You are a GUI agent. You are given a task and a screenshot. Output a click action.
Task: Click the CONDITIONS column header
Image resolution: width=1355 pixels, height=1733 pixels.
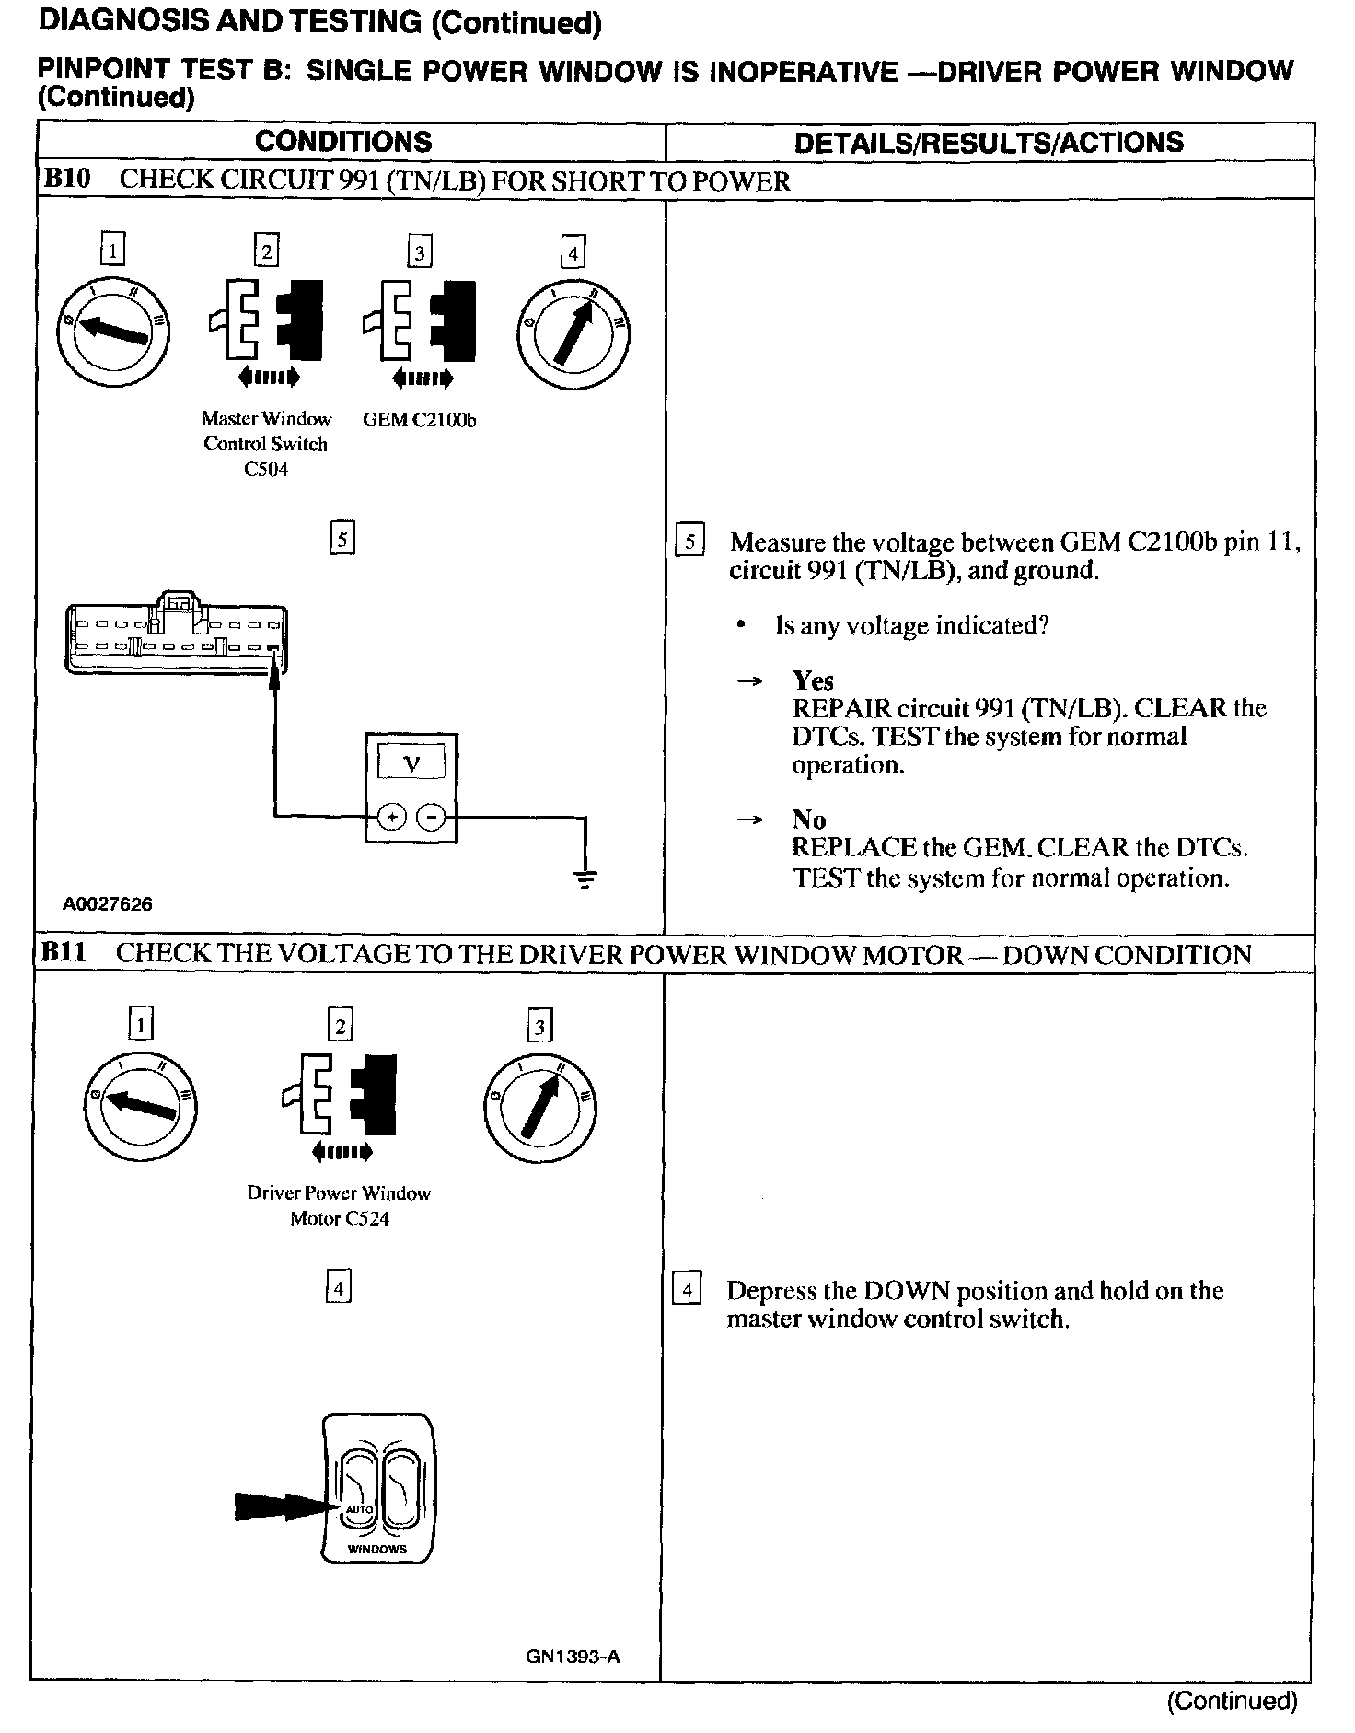[x=343, y=142]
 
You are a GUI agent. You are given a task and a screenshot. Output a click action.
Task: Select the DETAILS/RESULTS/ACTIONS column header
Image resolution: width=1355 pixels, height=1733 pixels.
[x=989, y=142]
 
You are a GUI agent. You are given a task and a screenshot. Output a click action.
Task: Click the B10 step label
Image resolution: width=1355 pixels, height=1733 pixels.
[x=67, y=179]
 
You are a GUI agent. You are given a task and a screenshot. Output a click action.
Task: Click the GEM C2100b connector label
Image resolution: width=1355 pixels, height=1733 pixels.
[x=419, y=420]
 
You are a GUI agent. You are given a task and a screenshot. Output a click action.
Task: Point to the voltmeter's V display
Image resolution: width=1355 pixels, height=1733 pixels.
[x=411, y=762]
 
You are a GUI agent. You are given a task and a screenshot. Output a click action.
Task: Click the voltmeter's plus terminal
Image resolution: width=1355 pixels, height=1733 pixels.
[x=392, y=816]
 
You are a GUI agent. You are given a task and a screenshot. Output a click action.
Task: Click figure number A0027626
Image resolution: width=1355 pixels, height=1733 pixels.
[x=107, y=904]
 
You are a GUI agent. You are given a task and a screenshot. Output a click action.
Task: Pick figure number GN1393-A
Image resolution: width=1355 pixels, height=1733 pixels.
[x=573, y=1657]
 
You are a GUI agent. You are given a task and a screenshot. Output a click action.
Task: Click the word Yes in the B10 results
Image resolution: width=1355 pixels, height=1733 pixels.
[x=813, y=680]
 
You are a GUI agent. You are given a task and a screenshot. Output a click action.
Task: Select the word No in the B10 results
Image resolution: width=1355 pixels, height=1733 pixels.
[x=808, y=820]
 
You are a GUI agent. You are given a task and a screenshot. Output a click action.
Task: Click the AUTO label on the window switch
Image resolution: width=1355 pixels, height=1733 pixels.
[x=358, y=1509]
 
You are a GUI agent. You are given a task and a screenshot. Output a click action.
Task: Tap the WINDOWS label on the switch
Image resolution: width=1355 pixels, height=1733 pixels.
[x=376, y=1549]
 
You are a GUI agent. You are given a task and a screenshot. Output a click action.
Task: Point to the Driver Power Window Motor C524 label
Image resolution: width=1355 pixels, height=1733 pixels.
[x=339, y=1205]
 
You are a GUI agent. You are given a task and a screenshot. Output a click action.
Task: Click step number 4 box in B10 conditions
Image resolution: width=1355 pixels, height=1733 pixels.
[x=573, y=251]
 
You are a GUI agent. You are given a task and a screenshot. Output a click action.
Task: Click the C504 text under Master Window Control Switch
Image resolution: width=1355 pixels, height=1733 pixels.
[x=265, y=470]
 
